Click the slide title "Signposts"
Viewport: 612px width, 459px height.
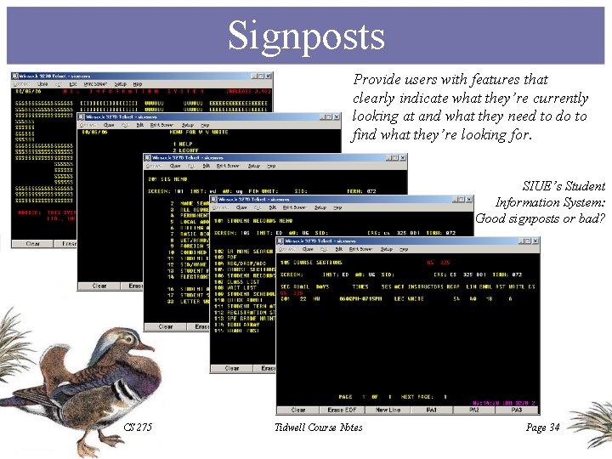click(306, 37)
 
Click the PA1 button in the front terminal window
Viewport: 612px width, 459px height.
click(432, 410)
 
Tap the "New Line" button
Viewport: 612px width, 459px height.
click(388, 410)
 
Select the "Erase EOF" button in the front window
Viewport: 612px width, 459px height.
click(343, 410)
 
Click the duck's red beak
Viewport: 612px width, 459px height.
click(151, 348)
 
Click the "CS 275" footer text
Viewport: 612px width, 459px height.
click(138, 428)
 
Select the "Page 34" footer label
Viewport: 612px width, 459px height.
click(542, 428)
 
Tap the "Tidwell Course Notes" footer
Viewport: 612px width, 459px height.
click(319, 428)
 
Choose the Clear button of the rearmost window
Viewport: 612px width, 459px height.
click(32, 244)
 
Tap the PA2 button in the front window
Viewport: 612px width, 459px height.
click(474, 410)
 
